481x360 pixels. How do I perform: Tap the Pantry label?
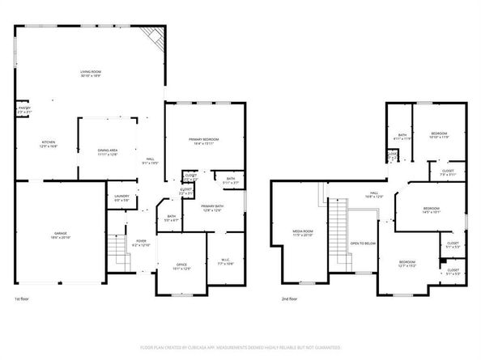pos(24,110)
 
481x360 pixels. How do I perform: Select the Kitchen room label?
pos(49,145)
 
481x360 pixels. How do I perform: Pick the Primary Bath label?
pos(212,208)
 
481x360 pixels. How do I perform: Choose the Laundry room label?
pos(122,197)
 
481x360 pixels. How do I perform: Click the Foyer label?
pos(140,243)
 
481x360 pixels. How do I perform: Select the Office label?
pos(182,266)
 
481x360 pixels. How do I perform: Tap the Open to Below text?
pos(362,243)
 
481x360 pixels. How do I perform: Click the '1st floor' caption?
pos(23,299)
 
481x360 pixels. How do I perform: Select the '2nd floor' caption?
pos(290,299)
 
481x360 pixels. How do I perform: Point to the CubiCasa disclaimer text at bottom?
pos(240,347)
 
